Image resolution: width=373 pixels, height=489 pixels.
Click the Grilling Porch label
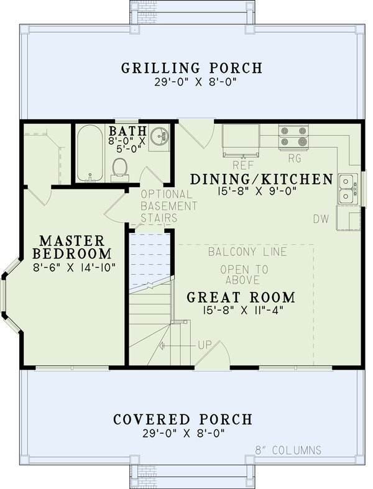[191, 68]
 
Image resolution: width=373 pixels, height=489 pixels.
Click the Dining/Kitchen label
[261, 179]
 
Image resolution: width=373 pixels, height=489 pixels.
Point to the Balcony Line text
[247, 252]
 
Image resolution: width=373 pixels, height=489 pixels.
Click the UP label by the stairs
[205, 344]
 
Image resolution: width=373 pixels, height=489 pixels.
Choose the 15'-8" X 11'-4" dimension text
[241, 309]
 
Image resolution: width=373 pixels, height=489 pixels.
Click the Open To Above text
[244, 275]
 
